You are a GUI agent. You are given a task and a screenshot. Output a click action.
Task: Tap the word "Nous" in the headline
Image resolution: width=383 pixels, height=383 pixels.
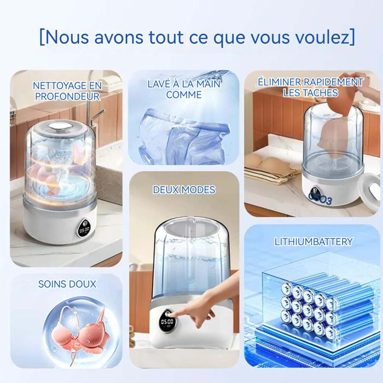(66, 37)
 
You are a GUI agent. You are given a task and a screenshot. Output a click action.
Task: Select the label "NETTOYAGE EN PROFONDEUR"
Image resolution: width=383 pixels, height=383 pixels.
(67, 91)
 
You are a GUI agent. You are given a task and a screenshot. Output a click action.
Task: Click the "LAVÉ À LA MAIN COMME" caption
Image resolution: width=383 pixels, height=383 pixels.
(184, 89)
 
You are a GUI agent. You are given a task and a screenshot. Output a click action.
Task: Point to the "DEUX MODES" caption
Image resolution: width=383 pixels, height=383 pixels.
(184, 190)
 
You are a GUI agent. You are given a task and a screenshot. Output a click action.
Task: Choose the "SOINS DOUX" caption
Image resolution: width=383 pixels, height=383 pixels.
(67, 284)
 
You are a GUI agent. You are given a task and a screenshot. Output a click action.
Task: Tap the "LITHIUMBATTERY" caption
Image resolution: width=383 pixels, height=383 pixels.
(314, 242)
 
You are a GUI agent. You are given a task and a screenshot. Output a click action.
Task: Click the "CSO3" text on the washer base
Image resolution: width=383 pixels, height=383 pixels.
(321, 198)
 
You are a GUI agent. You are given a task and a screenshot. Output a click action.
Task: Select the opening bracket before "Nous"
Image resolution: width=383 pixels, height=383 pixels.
(42, 37)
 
